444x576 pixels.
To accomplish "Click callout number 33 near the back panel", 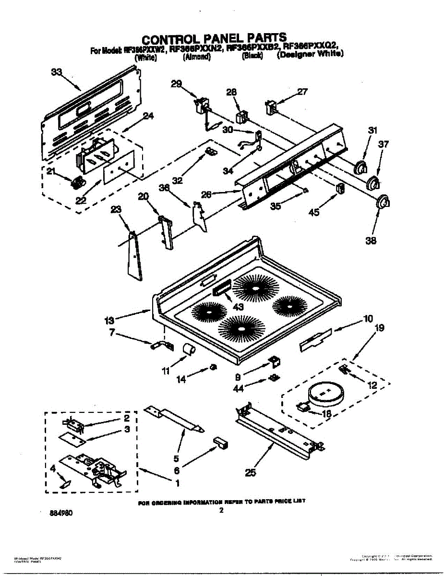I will (56, 72).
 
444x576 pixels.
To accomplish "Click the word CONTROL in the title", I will (174, 38).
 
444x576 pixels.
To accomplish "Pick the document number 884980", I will (61, 513).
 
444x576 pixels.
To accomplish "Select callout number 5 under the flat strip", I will (176, 458).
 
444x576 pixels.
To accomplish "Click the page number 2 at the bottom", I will (221, 511).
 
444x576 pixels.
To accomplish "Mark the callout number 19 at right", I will (379, 328).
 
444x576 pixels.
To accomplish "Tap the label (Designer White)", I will (311, 55).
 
